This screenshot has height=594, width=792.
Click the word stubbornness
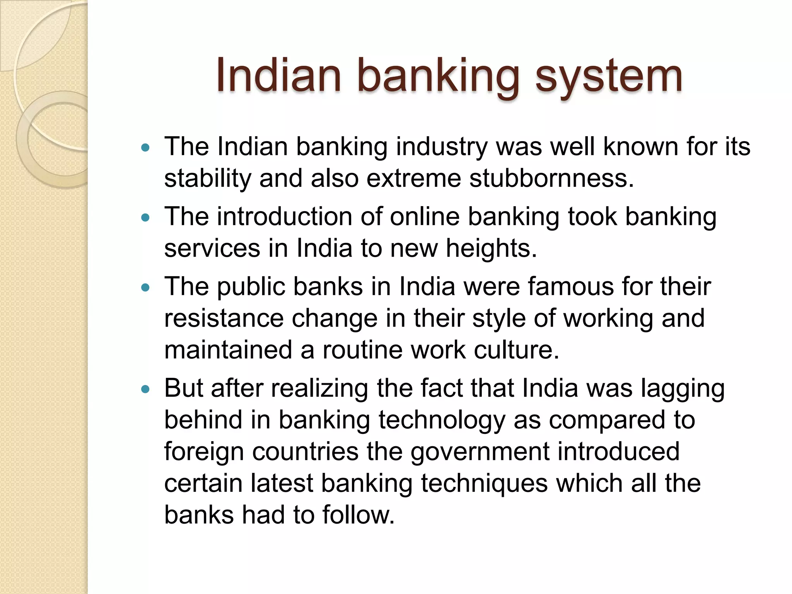pyautogui.click(x=551, y=179)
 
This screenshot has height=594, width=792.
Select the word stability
pyautogui.click(x=207, y=179)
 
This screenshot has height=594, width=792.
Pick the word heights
pyautogui.click(x=491, y=248)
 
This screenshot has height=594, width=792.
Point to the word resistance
pyautogui.click(x=224, y=318)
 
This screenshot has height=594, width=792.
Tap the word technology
pyautogui.click(x=442, y=421)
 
